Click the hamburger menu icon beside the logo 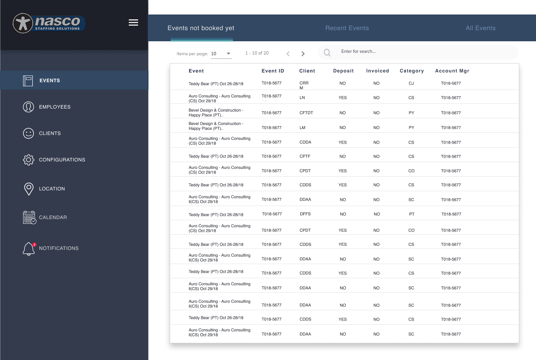[x=133, y=23]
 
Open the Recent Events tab [x=347, y=28]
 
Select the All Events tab [x=480, y=28]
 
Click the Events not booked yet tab [x=201, y=28]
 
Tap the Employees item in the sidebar [x=55, y=107]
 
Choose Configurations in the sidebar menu [x=62, y=160]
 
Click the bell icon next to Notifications [x=29, y=249]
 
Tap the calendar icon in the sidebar [x=29, y=218]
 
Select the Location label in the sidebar [x=52, y=189]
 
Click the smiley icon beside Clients [x=28, y=133]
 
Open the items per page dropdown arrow [x=229, y=54]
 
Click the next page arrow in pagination [x=303, y=54]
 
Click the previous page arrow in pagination [x=288, y=54]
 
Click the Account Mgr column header [x=452, y=71]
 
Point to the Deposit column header [x=343, y=71]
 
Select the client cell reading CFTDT [x=306, y=113]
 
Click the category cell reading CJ [x=411, y=83]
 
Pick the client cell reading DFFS [x=305, y=214]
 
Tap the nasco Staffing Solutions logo [x=49, y=23]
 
